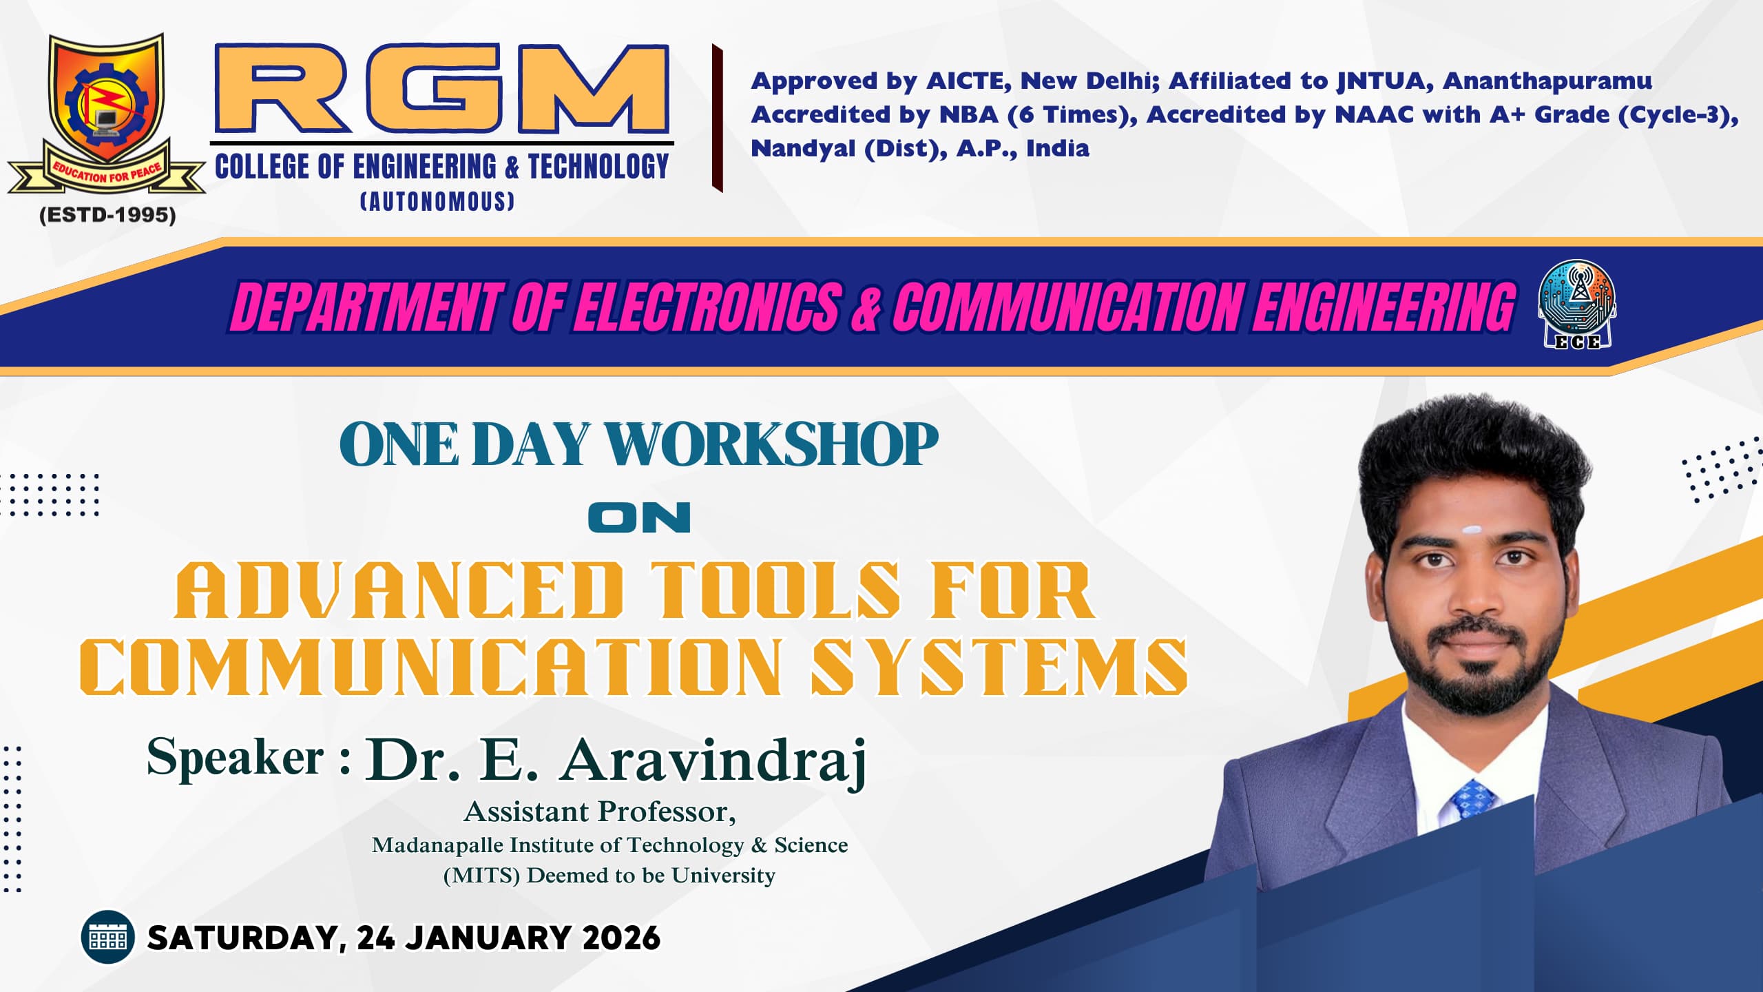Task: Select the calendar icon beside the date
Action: (x=107, y=937)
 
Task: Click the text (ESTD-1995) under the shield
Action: (x=107, y=215)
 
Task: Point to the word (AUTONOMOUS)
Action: (x=438, y=201)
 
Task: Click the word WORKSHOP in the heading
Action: (x=771, y=444)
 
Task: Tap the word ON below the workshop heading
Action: (x=639, y=517)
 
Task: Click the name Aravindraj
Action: (x=713, y=761)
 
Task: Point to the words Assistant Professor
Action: (x=599, y=812)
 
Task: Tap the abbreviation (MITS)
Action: (x=481, y=875)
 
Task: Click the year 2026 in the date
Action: (x=621, y=938)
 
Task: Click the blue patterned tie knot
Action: (x=1474, y=799)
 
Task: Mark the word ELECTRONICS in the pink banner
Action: (x=709, y=307)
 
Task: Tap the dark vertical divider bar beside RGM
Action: (x=717, y=118)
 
